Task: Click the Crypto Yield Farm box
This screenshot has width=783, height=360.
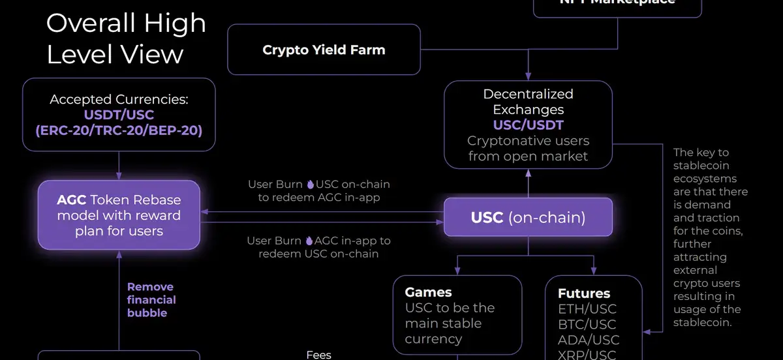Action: (x=324, y=50)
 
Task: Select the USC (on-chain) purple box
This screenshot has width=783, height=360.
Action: (x=528, y=217)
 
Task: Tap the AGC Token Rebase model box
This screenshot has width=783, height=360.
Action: (x=119, y=215)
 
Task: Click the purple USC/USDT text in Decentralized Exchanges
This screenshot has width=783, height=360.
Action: (x=528, y=125)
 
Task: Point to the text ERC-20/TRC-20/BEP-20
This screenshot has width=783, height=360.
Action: (x=119, y=130)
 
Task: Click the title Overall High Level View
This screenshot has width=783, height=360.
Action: (x=126, y=38)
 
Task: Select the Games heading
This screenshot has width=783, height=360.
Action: (x=428, y=292)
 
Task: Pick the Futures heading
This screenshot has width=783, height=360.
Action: (x=584, y=293)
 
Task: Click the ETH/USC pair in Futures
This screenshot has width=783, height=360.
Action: (x=587, y=309)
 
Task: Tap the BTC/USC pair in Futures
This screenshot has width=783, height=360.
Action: (x=587, y=325)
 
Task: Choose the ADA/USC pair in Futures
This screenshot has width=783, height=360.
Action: (x=588, y=340)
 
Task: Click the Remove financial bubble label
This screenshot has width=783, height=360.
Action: (x=151, y=300)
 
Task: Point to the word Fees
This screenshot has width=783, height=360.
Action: (x=319, y=355)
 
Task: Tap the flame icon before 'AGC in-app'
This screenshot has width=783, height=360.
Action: (x=309, y=241)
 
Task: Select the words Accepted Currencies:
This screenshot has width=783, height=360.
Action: (x=119, y=100)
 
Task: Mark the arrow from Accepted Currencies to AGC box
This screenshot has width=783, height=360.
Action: (x=119, y=167)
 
